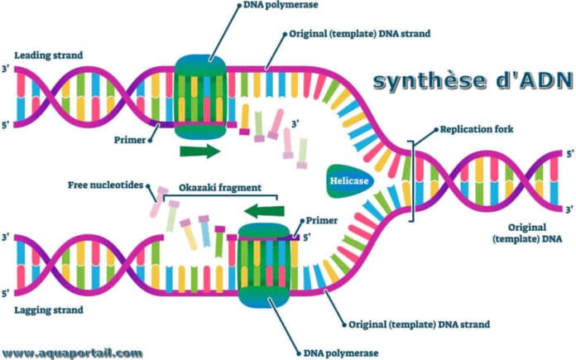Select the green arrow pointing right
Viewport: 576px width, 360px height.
click(x=200, y=151)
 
